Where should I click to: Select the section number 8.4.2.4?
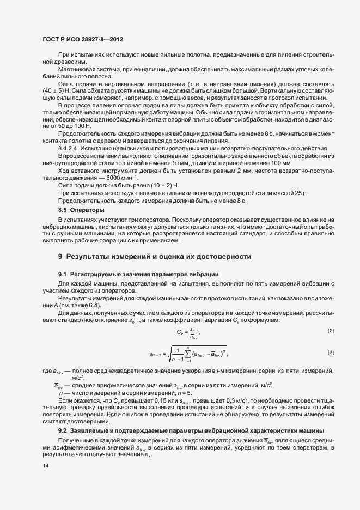70,163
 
